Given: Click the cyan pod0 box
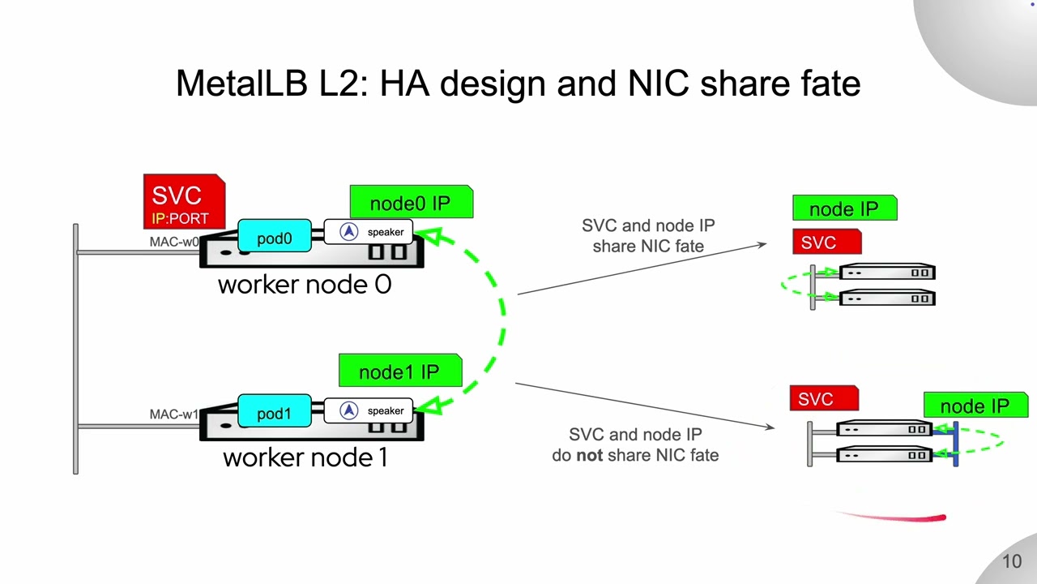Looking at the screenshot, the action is [275, 236].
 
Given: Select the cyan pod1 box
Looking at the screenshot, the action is [275, 410].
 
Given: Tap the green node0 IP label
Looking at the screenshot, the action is [412, 202].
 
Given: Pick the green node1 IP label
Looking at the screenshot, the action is [400, 371].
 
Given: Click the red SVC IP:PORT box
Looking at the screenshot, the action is [184, 202].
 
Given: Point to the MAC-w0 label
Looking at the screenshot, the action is [174, 242].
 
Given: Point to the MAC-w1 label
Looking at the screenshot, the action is [174, 414].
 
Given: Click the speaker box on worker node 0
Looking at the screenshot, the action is [369, 232].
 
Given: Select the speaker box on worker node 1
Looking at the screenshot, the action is [369, 410].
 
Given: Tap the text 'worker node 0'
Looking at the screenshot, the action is [305, 285].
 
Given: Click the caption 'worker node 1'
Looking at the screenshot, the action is [305, 458].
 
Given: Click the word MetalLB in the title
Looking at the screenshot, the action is [241, 84].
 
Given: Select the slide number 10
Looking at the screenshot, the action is [1012, 562].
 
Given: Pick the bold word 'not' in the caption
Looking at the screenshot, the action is [589, 456].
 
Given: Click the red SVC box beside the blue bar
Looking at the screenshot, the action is [825, 398].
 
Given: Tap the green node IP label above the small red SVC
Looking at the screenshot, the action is [845, 208].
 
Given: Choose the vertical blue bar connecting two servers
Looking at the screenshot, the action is [956, 444].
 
